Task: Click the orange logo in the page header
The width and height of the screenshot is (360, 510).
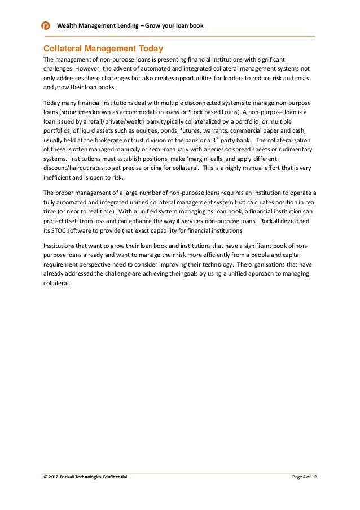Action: coord(46,26)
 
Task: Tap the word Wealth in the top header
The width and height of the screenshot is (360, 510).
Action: coord(68,26)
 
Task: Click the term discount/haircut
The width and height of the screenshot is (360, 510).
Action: coord(69,170)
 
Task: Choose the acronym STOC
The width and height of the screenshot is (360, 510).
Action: coord(60,232)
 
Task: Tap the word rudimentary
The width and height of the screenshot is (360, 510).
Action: coord(288,151)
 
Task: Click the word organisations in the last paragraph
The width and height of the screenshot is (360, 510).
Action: coord(265,265)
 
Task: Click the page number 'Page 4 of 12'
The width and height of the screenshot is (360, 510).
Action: coord(304,477)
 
